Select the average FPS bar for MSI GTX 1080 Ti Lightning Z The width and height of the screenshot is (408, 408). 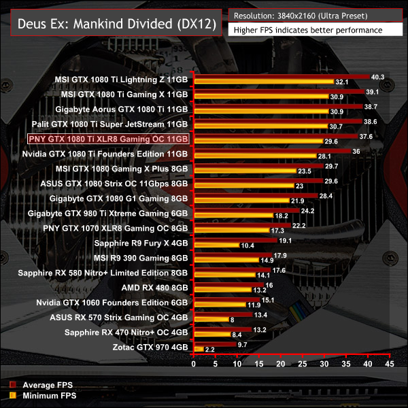pos(282,76)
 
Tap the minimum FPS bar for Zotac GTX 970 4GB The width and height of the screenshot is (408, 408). pos(199,350)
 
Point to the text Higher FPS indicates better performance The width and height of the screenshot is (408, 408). pos(307,30)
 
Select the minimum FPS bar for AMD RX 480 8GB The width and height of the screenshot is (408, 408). pos(222,290)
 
